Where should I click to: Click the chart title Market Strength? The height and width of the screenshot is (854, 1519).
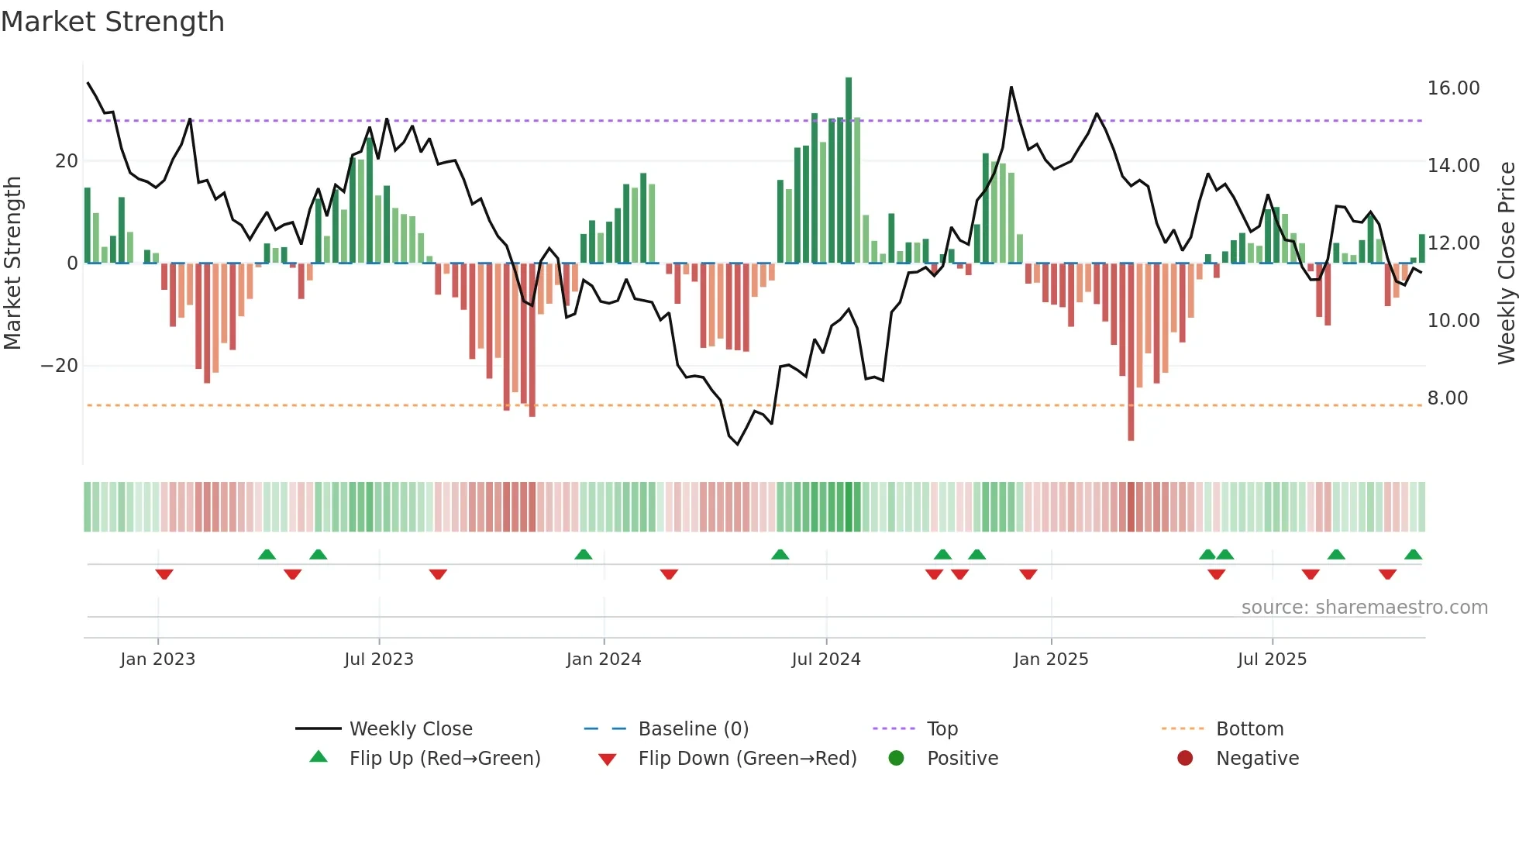112,22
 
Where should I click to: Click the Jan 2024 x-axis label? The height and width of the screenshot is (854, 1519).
604,659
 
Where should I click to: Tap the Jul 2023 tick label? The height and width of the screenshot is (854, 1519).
379,659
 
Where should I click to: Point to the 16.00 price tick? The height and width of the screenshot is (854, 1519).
1453,88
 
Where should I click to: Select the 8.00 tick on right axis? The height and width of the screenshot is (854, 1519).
1447,398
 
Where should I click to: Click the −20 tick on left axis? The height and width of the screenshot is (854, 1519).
60,366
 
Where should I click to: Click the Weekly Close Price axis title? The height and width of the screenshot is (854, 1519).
1506,263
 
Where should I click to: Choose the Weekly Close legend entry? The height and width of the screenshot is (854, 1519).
411,729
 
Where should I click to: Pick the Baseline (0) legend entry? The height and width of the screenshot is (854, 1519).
693,729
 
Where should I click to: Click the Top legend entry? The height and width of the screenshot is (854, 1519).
942,729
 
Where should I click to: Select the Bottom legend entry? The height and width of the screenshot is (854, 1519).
1249,729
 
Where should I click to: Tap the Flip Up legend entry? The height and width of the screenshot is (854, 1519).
444,759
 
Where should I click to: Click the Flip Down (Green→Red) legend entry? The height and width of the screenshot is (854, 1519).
747,759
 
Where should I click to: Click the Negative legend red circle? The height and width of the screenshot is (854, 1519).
1185,759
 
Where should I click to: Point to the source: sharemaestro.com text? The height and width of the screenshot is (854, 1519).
1364,608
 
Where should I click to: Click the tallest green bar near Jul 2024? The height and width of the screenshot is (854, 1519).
849,170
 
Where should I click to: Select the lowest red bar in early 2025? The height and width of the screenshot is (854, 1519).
1131,353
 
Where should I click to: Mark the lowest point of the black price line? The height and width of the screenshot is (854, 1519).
737,444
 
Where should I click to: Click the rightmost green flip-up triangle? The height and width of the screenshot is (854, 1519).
1413,555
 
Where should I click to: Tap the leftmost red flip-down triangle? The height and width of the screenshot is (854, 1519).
164,574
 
